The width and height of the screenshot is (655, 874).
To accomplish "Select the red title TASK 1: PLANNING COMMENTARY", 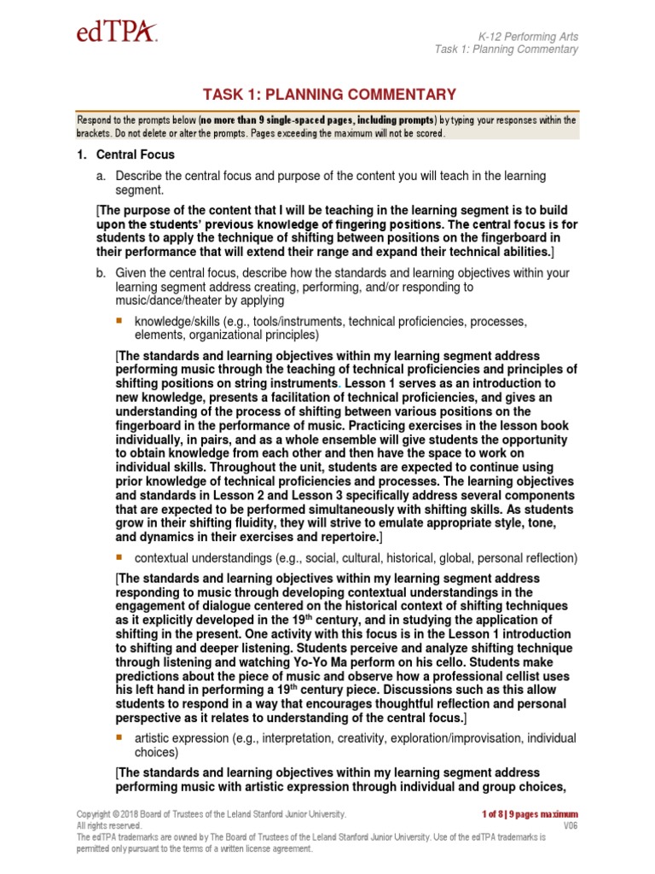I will pos(328,95).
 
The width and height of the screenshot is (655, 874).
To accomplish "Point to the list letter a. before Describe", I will pos(101,176).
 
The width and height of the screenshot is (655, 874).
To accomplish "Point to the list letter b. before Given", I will pos(101,272).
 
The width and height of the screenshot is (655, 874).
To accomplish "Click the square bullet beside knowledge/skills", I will pos(119,321).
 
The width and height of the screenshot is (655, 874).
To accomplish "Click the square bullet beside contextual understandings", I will pos(119,557).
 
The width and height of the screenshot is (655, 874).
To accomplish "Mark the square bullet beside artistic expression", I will pos(119,737).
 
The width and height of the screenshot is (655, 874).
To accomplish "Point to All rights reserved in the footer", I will pos(108,826).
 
